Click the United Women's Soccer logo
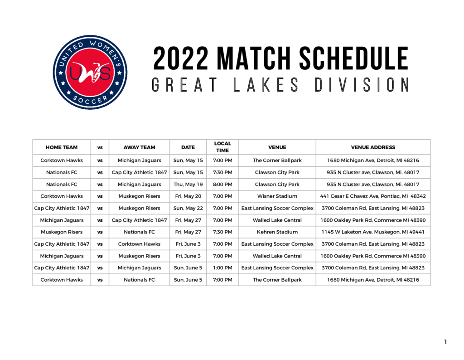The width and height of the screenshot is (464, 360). pyautogui.click(x=90, y=72)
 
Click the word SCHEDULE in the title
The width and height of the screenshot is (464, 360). pyautogui.click(x=353, y=58)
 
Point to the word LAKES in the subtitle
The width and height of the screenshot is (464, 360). pyautogui.click(x=266, y=85)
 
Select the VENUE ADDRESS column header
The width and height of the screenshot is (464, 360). pyautogui.click(x=373, y=147)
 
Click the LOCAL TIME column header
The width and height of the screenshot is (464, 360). pyautogui.click(x=222, y=147)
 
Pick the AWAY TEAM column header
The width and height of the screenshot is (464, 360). pyautogui.click(x=140, y=147)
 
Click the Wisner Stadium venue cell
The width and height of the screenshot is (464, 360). pyautogui.click(x=277, y=196)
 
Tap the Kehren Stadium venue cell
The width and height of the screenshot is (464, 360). pyautogui.click(x=277, y=232)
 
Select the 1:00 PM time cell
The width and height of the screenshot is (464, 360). pyautogui.click(x=222, y=268)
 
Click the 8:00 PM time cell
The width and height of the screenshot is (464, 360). pyautogui.click(x=222, y=184)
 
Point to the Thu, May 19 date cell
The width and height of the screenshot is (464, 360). pyautogui.click(x=188, y=184)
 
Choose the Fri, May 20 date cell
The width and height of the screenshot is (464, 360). pyautogui.click(x=188, y=196)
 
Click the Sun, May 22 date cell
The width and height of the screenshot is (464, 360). pyautogui.click(x=188, y=208)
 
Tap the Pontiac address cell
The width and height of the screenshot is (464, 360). pyautogui.click(x=373, y=196)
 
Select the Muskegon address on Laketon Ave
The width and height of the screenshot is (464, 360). pyautogui.click(x=373, y=232)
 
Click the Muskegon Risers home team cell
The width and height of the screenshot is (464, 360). pyautogui.click(x=62, y=232)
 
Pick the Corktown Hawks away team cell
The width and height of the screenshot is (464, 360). pyautogui.click(x=140, y=244)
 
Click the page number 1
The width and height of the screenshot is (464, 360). pyautogui.click(x=446, y=342)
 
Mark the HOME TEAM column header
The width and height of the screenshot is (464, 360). pyautogui.click(x=62, y=147)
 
